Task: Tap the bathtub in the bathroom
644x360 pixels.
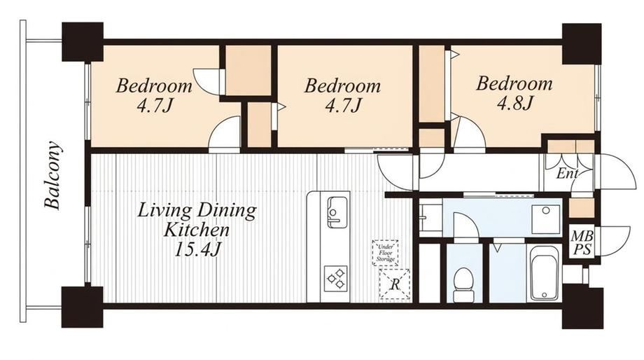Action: click(544, 273)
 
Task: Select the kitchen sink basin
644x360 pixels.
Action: click(337, 212)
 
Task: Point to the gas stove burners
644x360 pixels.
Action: click(335, 279)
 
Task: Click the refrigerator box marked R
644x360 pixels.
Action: click(394, 284)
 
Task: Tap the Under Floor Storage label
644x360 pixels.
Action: click(386, 252)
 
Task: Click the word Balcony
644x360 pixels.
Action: click(52, 176)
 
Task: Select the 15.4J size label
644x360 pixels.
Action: click(195, 249)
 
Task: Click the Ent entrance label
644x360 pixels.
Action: click(567, 174)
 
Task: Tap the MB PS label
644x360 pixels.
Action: click(582, 243)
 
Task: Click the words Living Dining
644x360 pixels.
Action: click(197, 210)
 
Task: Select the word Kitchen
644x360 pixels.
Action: click(196, 230)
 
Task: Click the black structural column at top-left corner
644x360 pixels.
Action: click(82, 42)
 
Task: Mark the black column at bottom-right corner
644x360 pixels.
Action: click(582, 307)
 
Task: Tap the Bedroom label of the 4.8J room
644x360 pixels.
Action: click(514, 83)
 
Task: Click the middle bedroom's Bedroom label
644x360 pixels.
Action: click(342, 86)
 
